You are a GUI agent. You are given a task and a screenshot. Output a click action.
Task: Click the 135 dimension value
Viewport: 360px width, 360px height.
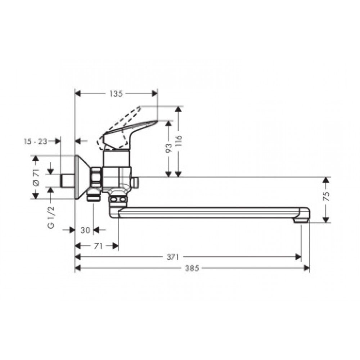click(x=116, y=94)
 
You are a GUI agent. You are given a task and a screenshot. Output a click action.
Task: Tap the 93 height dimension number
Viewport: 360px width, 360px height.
click(x=168, y=148)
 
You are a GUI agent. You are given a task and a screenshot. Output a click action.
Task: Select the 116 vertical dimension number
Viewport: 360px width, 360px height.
click(x=179, y=141)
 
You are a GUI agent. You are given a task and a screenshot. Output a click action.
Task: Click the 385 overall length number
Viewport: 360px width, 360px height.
click(x=192, y=268)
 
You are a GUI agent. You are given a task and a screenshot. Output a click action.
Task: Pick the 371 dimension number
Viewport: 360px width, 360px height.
click(x=173, y=257)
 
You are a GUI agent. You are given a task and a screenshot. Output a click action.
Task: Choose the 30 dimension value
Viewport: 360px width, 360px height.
click(x=85, y=230)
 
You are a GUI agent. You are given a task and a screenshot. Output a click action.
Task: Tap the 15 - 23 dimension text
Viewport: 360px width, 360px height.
click(x=36, y=141)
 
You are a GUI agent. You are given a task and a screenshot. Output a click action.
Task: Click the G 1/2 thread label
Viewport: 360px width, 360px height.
click(x=51, y=217)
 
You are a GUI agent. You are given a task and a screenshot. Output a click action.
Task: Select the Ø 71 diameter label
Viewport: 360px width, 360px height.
click(x=36, y=177)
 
